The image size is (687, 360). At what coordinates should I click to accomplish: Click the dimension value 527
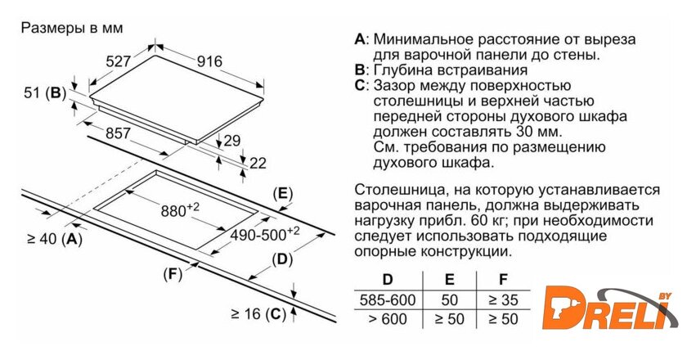tap(119, 61)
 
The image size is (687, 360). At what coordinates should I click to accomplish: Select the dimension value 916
tap(209, 61)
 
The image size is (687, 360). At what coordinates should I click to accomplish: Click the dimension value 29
tap(233, 140)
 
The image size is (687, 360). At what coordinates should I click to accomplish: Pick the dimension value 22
tap(257, 162)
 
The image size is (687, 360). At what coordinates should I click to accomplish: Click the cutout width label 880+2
tap(180, 210)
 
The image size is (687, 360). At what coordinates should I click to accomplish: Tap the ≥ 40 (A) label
tap(54, 239)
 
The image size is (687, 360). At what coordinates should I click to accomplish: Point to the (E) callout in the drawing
tap(282, 194)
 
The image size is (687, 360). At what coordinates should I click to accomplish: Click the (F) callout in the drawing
tap(172, 273)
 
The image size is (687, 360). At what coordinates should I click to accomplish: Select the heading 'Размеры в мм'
tap(71, 27)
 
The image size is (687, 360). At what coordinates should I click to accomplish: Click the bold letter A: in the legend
tap(361, 39)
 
